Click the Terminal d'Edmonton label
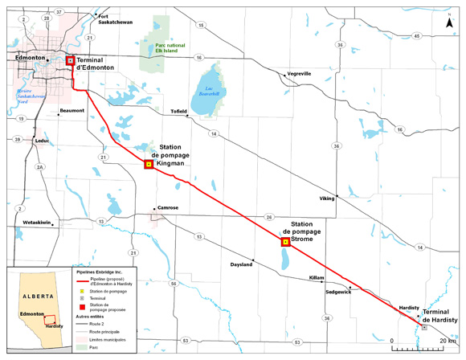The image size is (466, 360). click(95, 65)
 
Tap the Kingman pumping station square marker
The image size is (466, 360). click(148, 164)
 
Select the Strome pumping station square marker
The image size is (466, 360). click(284, 241)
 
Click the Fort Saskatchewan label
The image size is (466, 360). click(114, 19)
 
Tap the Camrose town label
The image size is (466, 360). click(167, 208)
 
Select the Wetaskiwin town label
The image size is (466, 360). click(37, 221)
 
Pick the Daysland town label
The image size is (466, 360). click(242, 264)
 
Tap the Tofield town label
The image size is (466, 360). click(178, 111)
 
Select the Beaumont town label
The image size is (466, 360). click(72, 111)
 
